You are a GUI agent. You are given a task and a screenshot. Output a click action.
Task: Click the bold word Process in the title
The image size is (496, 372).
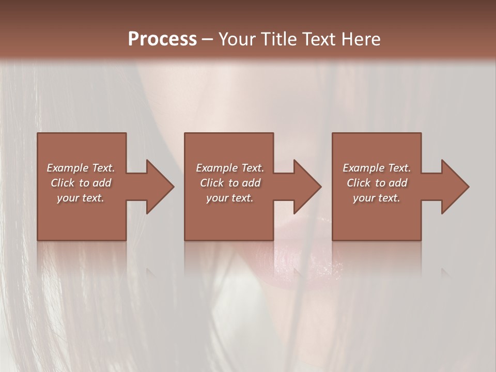(x=162, y=39)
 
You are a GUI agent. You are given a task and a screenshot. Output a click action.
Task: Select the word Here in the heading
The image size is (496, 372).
(x=360, y=39)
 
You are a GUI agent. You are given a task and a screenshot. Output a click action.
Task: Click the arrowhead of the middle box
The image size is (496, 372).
(x=307, y=187)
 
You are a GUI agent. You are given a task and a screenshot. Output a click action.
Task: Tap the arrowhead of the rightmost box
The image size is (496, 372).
(x=455, y=187)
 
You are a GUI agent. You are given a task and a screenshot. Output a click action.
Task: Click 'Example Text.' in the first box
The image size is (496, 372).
(x=81, y=168)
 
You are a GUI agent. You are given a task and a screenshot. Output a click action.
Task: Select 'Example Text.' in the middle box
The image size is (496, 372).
(x=230, y=168)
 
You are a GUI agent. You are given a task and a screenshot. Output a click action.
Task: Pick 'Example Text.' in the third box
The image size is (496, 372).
(x=377, y=168)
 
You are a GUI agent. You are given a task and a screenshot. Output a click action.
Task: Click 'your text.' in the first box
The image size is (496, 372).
(x=81, y=198)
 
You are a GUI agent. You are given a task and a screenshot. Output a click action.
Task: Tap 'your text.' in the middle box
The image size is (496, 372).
(x=230, y=198)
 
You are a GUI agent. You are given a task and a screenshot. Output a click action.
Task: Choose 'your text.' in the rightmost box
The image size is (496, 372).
(x=377, y=198)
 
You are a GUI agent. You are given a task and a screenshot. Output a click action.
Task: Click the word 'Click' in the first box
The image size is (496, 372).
(x=63, y=183)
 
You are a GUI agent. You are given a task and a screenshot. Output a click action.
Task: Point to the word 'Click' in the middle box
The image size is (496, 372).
(x=212, y=183)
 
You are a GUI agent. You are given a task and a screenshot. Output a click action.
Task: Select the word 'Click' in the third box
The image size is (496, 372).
(x=359, y=183)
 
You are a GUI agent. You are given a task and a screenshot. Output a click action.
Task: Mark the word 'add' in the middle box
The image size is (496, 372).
(x=251, y=183)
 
